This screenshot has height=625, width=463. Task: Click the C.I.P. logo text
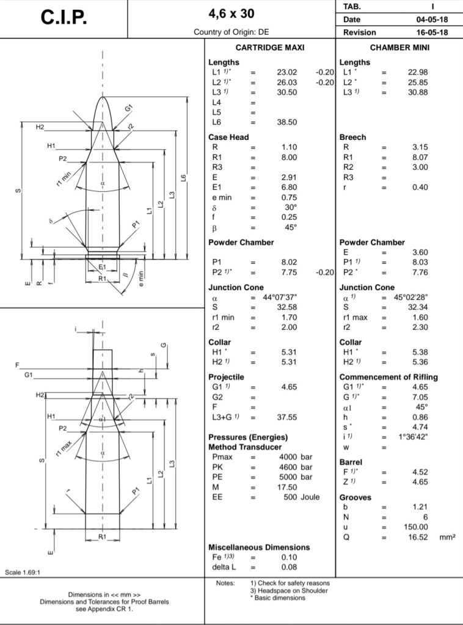64,18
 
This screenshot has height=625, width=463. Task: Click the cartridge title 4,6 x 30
231,13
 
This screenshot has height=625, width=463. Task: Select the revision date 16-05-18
431,32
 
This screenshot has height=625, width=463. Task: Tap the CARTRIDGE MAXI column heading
269,48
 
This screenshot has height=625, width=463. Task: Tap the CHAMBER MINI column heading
399,48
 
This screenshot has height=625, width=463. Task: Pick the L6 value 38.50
286,122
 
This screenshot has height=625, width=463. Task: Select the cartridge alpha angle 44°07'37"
280,298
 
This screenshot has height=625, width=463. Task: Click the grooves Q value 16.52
417,537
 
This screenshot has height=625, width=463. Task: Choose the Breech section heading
352,137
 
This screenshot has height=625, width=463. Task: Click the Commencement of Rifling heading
388,377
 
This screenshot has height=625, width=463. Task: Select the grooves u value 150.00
415,527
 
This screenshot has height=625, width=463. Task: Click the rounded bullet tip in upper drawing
103,101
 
